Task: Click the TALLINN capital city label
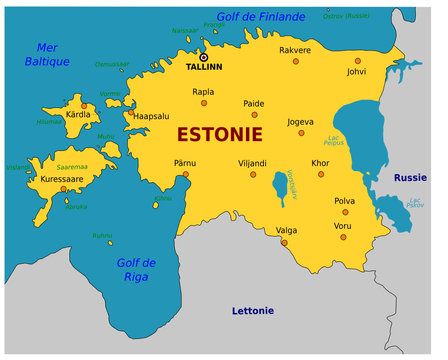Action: coord(205,68)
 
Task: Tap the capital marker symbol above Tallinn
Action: coord(204,57)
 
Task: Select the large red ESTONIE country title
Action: coord(220,133)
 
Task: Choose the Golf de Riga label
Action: coord(136,269)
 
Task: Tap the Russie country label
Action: coord(410,178)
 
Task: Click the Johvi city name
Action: coord(356,72)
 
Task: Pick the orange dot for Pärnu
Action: coord(185,174)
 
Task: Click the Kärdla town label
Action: coord(78,113)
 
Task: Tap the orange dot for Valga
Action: coord(283,242)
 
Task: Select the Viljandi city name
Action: coord(250,163)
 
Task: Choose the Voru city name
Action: coord(343,226)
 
